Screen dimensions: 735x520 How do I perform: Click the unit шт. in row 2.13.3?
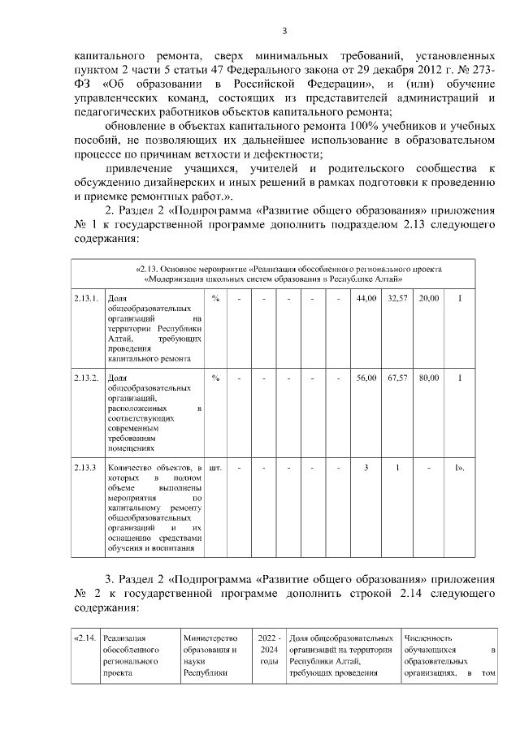tap(216, 469)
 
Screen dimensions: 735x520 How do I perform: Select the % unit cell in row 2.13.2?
tap(215, 378)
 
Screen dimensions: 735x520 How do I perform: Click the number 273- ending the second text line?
tap(479, 71)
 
